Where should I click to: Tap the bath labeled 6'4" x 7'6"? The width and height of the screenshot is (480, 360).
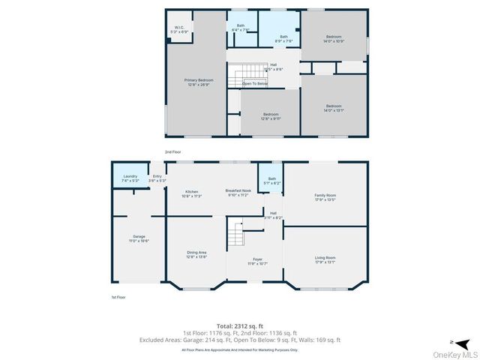point(241,28)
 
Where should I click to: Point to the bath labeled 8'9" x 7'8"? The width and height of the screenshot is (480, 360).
point(283,38)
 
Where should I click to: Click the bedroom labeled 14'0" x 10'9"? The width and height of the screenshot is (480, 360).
point(334,38)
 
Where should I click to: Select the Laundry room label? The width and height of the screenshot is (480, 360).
point(130,178)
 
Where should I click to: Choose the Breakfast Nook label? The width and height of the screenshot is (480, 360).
point(237,193)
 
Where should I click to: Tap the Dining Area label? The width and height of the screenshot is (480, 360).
point(196,254)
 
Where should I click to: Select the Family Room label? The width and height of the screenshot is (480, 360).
point(325,197)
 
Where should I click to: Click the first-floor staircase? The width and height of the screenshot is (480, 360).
point(238,234)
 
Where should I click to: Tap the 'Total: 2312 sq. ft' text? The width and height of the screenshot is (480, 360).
point(239,325)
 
